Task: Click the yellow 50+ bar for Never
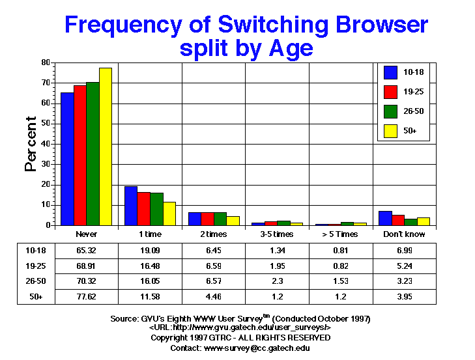pos(105,146)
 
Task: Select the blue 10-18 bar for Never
pos(66,159)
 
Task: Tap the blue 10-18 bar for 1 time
pos(130,206)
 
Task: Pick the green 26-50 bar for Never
pos(92,154)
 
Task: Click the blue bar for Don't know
pos(385,218)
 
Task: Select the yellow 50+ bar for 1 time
pos(169,214)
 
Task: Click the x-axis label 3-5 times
pos(277,234)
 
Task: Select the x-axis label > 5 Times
pos(341,234)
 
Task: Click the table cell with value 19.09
pos(151,249)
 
